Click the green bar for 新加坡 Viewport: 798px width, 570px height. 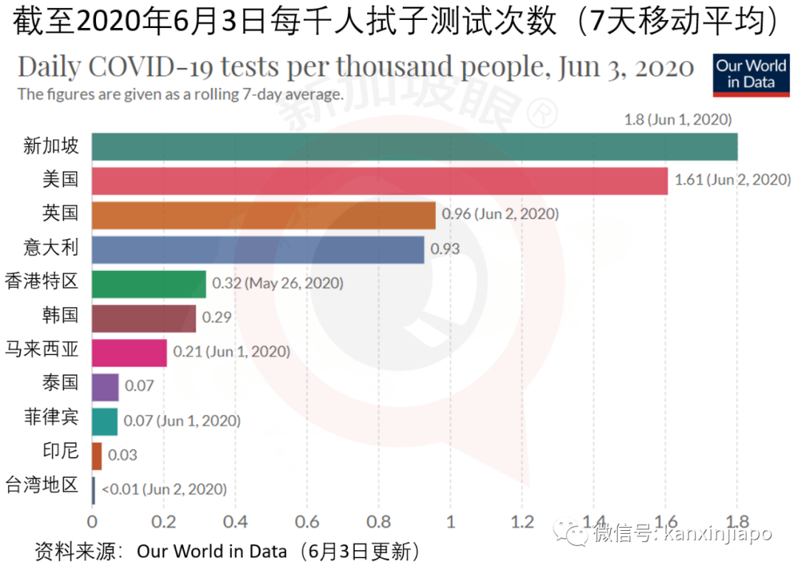coord(414,146)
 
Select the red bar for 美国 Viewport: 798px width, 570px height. coord(379,180)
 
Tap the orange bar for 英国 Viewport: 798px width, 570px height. coord(263,215)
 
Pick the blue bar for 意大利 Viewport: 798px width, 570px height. coord(257,250)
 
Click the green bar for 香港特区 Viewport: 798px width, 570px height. coord(149,284)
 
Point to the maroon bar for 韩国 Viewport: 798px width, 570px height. coord(143,318)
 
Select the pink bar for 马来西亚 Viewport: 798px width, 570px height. coord(129,352)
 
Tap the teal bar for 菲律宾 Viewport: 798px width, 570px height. coord(104,421)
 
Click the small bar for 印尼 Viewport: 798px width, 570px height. coord(97,456)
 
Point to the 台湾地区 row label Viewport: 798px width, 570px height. coord(41,486)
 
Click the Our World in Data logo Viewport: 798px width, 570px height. coord(751,75)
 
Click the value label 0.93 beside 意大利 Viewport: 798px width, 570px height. coord(445,250)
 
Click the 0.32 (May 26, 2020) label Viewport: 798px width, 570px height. coord(278,284)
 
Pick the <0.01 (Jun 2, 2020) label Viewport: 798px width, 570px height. coord(164,489)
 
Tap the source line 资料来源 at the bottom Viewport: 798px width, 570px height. coord(229,551)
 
